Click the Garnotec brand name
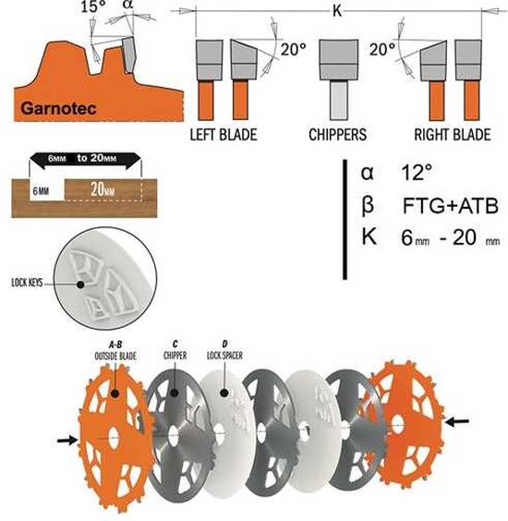tap(58, 108)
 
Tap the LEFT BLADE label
tap(224, 135)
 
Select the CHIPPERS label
tap(337, 135)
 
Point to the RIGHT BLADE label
tap(453, 135)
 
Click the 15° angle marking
tap(94, 7)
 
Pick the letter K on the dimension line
tap(337, 11)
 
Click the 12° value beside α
tap(417, 173)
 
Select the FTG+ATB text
tap(451, 206)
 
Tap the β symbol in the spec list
tap(367, 205)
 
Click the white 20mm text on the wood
tap(103, 189)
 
